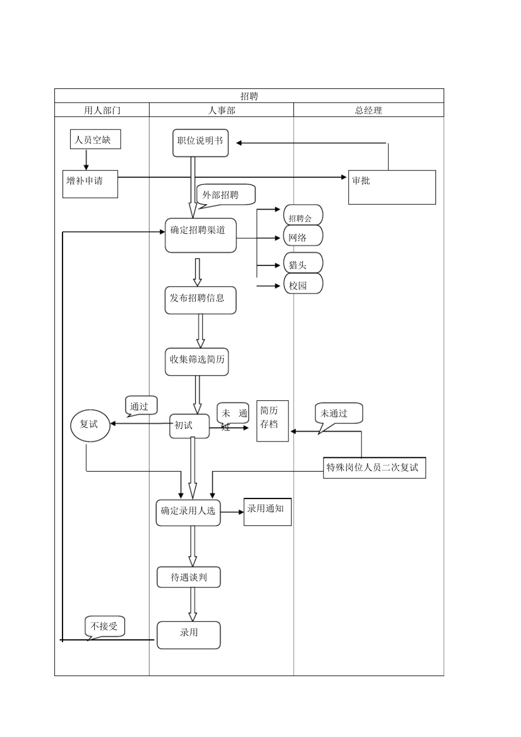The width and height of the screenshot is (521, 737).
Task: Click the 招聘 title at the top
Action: [x=249, y=96]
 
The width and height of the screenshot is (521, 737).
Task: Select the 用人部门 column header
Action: [x=102, y=110]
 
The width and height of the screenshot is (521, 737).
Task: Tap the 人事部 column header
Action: [x=222, y=110]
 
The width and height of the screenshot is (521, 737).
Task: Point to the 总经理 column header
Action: [x=369, y=110]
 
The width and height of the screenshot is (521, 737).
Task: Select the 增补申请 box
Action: [x=90, y=184]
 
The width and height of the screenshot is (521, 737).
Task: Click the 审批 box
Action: [x=392, y=187]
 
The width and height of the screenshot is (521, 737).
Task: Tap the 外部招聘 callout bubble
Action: [x=225, y=195]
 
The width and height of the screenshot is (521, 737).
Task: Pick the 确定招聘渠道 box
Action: [x=200, y=236]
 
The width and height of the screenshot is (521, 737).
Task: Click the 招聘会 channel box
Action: [x=302, y=216]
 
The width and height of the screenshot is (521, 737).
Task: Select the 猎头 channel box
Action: [x=302, y=264]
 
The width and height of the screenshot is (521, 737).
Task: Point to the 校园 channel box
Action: [x=302, y=284]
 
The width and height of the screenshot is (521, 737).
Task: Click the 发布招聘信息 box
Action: [x=200, y=300]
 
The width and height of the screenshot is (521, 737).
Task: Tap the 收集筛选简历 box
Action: [x=197, y=361]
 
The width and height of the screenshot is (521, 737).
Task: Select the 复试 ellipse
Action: [x=90, y=425]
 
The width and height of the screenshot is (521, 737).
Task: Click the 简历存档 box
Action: [x=273, y=421]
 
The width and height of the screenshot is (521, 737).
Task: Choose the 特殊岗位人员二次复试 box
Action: [x=374, y=467]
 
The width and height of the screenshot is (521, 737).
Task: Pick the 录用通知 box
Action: [x=267, y=512]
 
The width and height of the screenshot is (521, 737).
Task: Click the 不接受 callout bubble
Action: [x=105, y=626]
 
